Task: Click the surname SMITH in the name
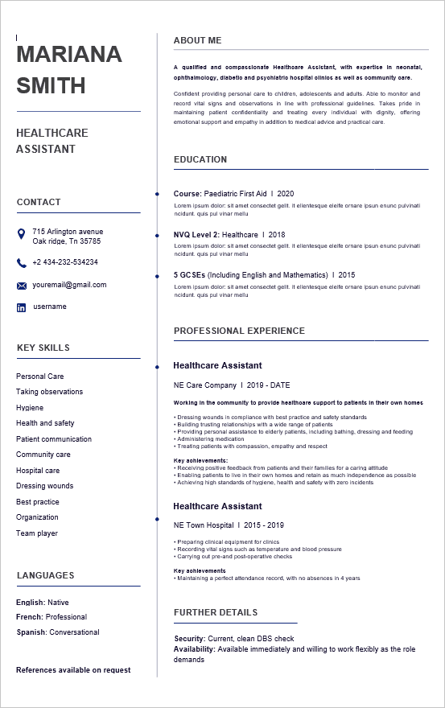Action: click(51, 86)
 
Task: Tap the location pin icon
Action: click(22, 233)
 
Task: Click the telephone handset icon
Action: click(22, 263)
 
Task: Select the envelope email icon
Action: click(22, 286)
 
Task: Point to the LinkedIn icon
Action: click(22, 307)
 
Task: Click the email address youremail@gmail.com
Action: click(69, 285)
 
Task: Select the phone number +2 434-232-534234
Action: click(65, 262)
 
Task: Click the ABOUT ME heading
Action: click(197, 40)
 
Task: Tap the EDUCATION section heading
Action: click(200, 159)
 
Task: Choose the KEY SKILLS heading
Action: click(43, 348)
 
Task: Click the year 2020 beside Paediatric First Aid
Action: click(286, 194)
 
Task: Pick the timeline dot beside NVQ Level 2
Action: click(156, 235)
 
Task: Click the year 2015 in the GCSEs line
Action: click(346, 275)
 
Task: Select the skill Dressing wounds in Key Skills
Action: click(44, 486)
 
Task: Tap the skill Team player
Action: click(37, 533)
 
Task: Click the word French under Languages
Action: click(29, 617)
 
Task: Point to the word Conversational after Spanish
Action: click(75, 632)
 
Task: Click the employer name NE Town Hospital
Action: click(204, 525)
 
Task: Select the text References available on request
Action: click(73, 670)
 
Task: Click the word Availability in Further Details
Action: click(195, 649)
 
